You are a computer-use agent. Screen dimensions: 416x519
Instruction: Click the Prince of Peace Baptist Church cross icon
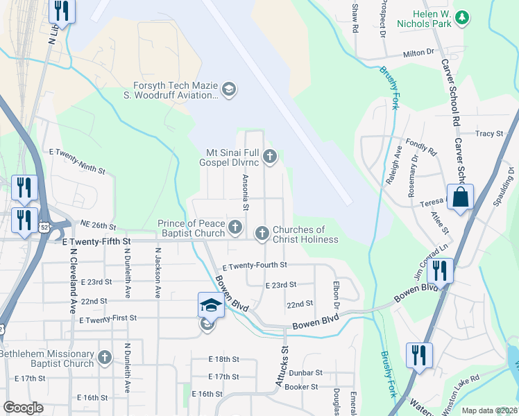click(x=235, y=227)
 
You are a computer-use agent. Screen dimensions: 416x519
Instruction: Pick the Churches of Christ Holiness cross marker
click(x=262, y=234)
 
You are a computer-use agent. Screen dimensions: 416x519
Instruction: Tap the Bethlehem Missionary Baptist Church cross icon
click(x=104, y=358)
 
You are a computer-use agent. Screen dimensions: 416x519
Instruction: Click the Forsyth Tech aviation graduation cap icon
click(x=228, y=89)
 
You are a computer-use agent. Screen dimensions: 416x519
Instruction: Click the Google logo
click(x=24, y=407)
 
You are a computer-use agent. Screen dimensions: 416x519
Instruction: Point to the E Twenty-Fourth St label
click(x=254, y=266)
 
